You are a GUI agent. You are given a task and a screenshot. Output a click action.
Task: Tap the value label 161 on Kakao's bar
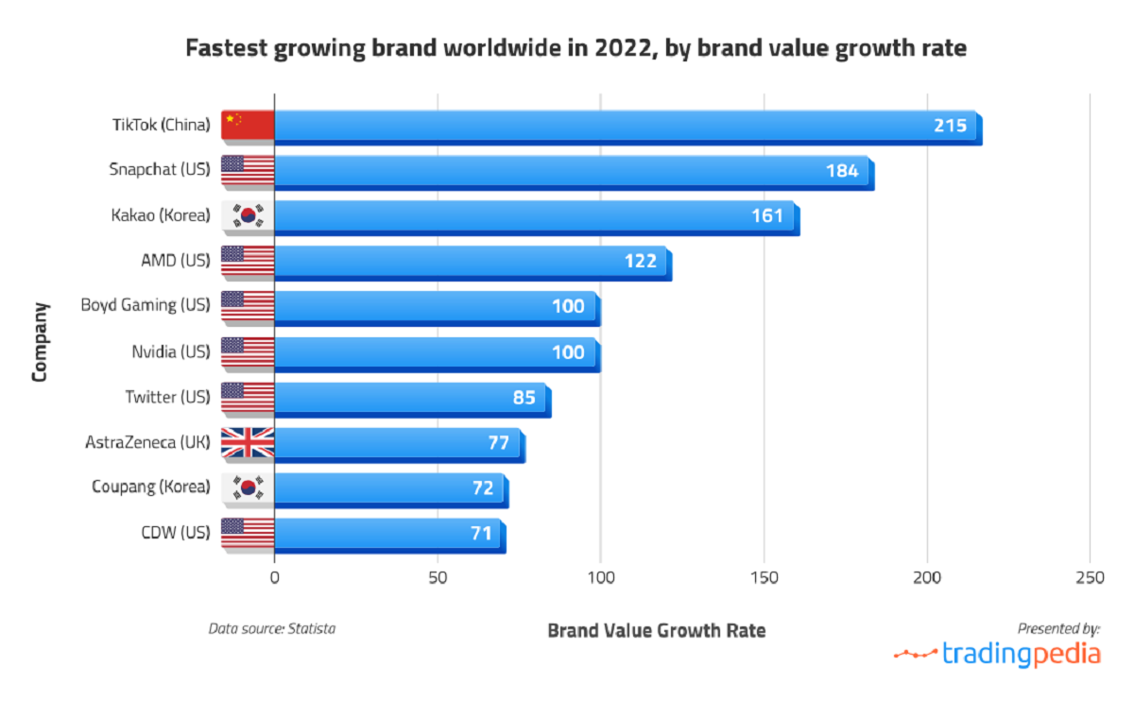tap(767, 216)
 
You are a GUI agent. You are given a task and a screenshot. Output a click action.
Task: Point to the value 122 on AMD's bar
tap(640, 262)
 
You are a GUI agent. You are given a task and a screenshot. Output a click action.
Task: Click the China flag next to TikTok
tap(248, 125)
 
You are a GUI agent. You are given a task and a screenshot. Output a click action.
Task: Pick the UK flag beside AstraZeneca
tap(248, 442)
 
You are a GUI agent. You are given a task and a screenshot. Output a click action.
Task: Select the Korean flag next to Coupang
tap(248, 487)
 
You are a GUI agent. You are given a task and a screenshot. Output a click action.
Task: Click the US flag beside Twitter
tap(248, 397)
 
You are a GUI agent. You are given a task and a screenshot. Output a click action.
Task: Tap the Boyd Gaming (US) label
tap(145, 305)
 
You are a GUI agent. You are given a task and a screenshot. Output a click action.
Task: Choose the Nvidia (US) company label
tap(170, 351)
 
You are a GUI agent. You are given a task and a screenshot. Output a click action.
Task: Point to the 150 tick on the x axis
tap(764, 578)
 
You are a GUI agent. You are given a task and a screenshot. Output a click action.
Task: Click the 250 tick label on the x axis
tap(1090, 578)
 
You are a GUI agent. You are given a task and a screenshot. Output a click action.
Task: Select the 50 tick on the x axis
tap(438, 578)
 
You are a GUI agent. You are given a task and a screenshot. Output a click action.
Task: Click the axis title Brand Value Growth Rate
tap(656, 630)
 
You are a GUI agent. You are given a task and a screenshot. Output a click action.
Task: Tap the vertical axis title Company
tap(40, 341)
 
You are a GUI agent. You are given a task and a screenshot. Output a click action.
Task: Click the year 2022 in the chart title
tap(622, 48)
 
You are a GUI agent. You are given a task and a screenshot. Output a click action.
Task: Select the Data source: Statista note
tap(272, 627)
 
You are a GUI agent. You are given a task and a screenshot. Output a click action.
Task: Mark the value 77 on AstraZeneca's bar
tap(498, 443)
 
